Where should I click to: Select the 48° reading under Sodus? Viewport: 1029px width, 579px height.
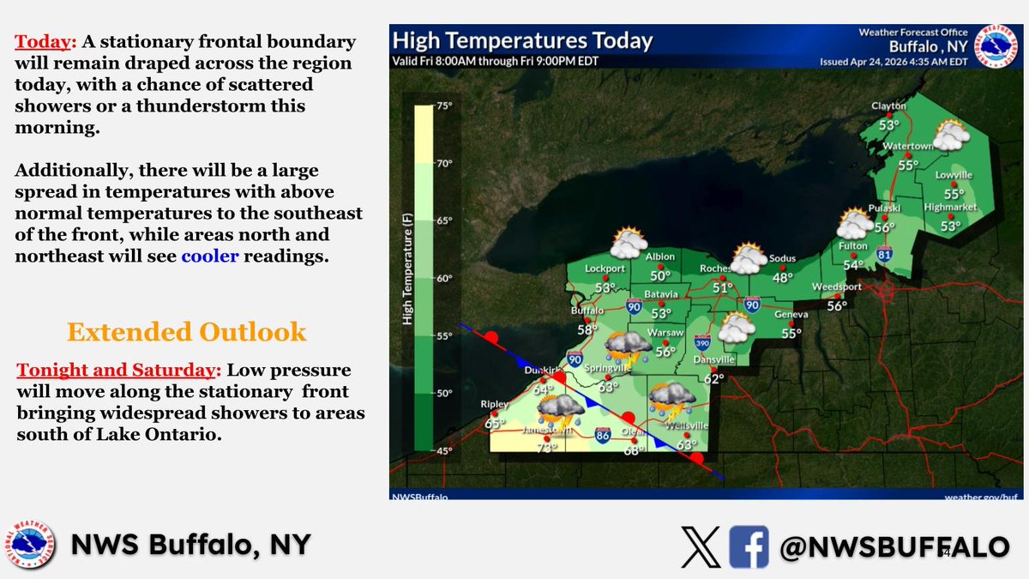[x=782, y=277]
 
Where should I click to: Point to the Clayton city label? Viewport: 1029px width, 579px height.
[x=888, y=106]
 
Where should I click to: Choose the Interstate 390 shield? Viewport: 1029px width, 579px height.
[x=702, y=342]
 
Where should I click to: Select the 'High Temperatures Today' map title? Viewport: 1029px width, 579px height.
[x=522, y=40]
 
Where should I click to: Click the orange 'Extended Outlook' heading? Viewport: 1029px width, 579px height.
[x=186, y=331]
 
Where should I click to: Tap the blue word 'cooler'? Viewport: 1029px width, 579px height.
[x=209, y=255]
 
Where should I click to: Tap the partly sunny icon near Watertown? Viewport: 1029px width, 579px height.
[x=949, y=136]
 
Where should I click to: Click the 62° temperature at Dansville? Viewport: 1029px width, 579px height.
[x=714, y=377]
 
